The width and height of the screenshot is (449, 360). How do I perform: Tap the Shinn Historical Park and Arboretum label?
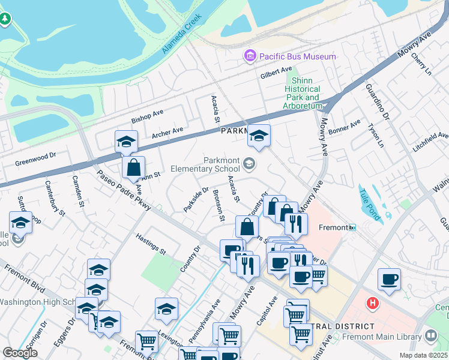tap(304, 93)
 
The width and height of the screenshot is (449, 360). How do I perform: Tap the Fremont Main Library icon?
tap(430, 336)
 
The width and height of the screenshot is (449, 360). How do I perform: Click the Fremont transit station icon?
tap(353, 227)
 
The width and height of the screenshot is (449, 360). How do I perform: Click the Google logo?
tap(20, 352)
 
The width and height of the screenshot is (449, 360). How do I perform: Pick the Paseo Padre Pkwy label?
tap(129, 191)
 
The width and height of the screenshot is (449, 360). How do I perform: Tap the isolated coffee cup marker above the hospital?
tap(390, 280)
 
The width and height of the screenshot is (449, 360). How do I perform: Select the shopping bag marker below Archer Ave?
tap(133, 168)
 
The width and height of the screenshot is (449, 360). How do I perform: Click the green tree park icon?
tap(5, 19)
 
